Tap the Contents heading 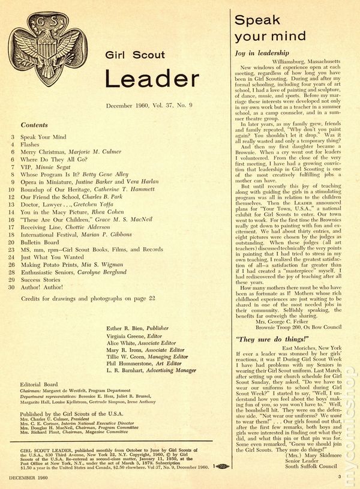coord(34,125)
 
